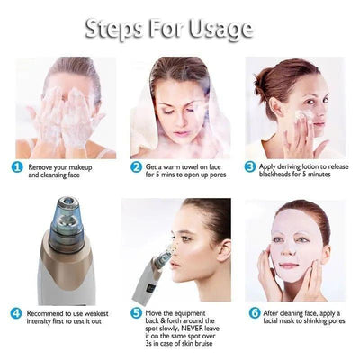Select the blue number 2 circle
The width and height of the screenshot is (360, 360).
point(137,166)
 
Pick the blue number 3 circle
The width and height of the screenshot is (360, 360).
point(250,166)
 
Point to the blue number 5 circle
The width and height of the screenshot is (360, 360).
point(136,313)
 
